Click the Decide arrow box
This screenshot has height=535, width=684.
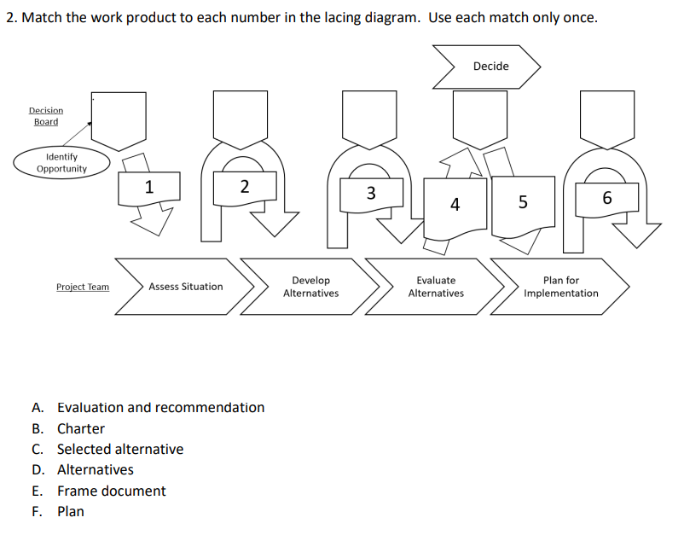(489, 67)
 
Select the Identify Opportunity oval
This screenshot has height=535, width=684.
(61, 163)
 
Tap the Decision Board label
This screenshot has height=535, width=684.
(46, 116)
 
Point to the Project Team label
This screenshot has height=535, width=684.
(83, 288)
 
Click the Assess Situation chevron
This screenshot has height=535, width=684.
(186, 287)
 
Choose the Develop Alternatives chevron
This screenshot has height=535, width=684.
(310, 287)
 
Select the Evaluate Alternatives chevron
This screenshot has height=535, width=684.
(436, 287)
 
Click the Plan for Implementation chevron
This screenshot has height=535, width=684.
(560, 287)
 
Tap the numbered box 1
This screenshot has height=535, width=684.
(150, 187)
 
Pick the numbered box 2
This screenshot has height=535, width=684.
(245, 187)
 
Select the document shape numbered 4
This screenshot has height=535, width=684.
(455, 204)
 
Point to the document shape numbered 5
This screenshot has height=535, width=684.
(523, 202)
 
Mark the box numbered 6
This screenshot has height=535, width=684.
(606, 198)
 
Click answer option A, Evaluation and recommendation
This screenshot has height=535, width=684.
(160, 408)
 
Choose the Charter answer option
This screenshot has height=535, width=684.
(80, 428)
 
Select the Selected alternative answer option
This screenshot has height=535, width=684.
(119, 449)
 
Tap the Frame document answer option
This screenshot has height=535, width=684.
(111, 491)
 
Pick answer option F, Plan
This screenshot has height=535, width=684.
(70, 511)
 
